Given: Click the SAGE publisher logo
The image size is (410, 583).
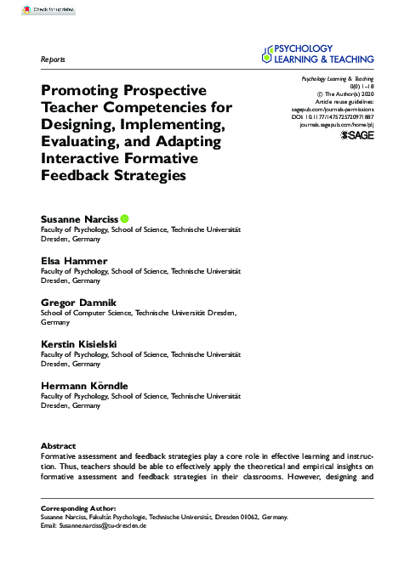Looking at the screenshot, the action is (357, 135).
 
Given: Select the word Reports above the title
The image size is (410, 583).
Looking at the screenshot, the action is (54, 60).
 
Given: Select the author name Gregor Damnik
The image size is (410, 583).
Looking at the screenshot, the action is (81, 302).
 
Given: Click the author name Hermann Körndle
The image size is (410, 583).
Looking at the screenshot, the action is (85, 385).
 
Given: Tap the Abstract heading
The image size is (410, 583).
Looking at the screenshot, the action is (59, 446).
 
